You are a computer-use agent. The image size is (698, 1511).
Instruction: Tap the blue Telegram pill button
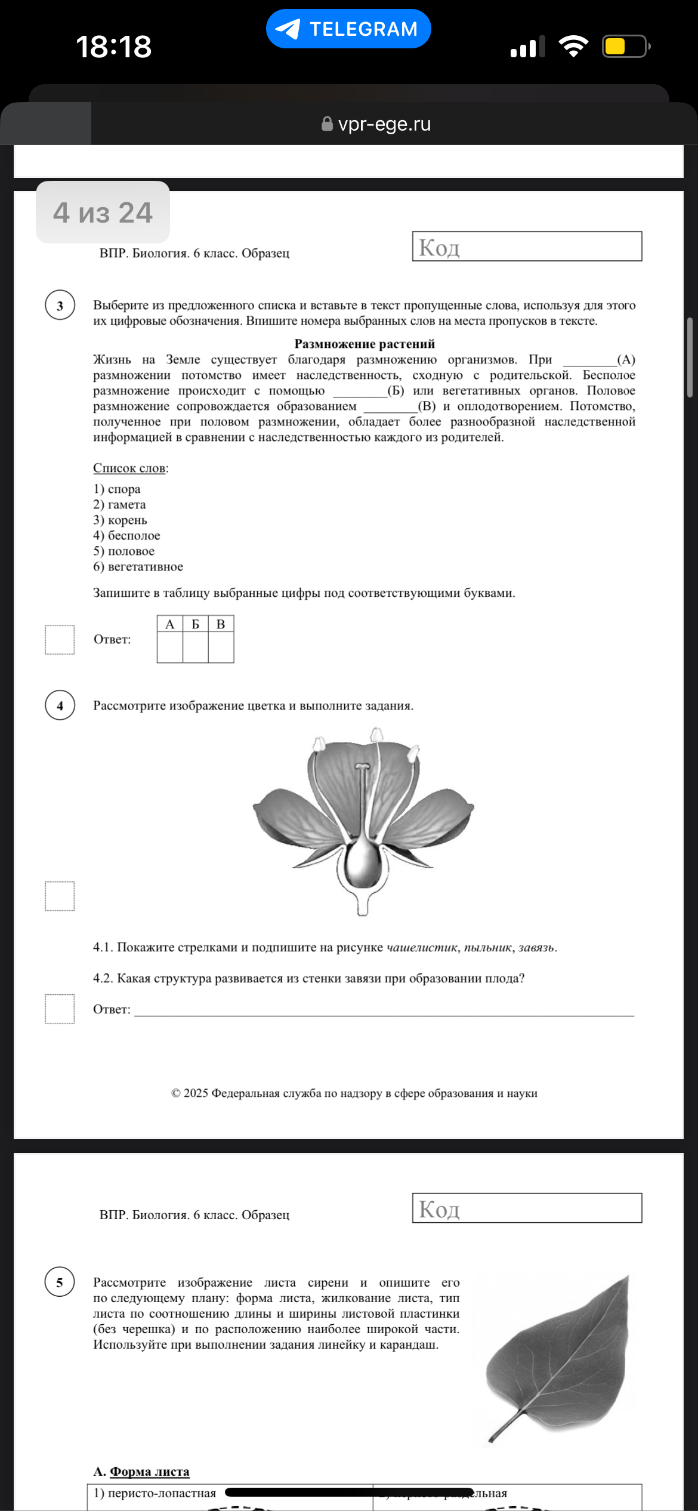(348, 29)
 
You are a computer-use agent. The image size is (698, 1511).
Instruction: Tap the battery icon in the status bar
(625, 47)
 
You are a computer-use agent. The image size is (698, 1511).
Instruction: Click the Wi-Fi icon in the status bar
(573, 47)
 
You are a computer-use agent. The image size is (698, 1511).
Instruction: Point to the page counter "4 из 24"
(103, 212)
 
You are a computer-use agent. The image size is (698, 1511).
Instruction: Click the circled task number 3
(60, 306)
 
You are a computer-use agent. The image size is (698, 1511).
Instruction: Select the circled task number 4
(60, 705)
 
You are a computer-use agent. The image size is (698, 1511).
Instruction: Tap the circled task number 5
(60, 1282)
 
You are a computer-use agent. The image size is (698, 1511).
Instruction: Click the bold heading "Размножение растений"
(365, 344)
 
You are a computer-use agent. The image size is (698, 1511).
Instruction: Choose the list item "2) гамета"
(119, 504)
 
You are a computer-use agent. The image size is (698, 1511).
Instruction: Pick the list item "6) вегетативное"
(138, 566)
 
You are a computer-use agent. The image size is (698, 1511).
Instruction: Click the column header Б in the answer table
(195, 624)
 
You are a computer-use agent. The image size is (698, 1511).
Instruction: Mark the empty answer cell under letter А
(170, 647)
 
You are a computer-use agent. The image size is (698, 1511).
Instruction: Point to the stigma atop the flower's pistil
(362, 766)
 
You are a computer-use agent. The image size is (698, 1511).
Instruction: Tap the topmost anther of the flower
(376, 734)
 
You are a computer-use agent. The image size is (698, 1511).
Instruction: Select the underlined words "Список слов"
(129, 468)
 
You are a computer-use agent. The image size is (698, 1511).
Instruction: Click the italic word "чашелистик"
(422, 948)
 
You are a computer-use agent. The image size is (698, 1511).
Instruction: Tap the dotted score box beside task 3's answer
(60, 640)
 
